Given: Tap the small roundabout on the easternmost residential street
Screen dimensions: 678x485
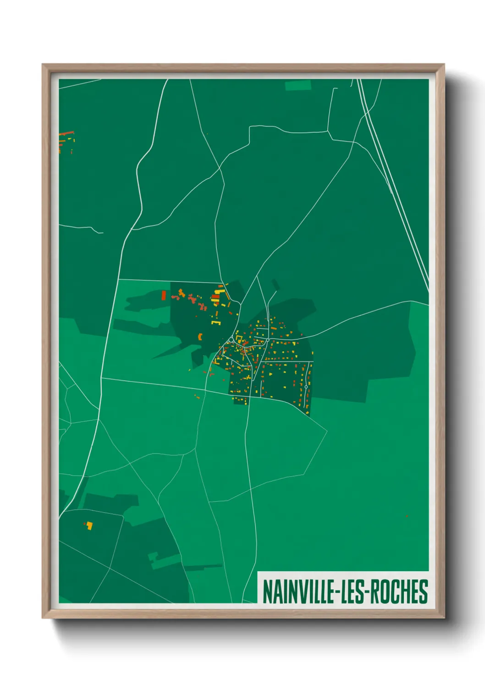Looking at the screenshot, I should click(306, 387).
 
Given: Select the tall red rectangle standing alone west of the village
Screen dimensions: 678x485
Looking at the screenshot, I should click(164, 295).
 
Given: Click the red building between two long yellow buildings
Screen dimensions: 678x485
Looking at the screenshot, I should click(215, 297).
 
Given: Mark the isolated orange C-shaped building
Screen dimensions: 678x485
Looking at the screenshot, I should click(200, 337).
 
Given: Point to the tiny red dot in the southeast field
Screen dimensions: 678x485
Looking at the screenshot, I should click(407, 516).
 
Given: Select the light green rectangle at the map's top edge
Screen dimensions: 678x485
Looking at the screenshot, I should click(298, 85).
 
